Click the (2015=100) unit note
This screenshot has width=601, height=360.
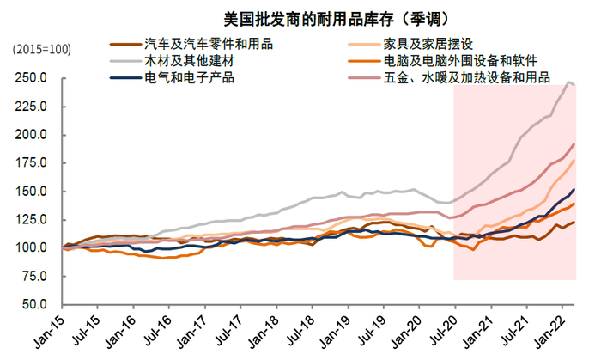click(41, 49)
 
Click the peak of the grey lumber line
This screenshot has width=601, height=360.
click(568, 82)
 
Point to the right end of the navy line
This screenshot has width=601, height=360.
click(574, 190)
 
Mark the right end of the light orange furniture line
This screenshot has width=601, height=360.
click(574, 160)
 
